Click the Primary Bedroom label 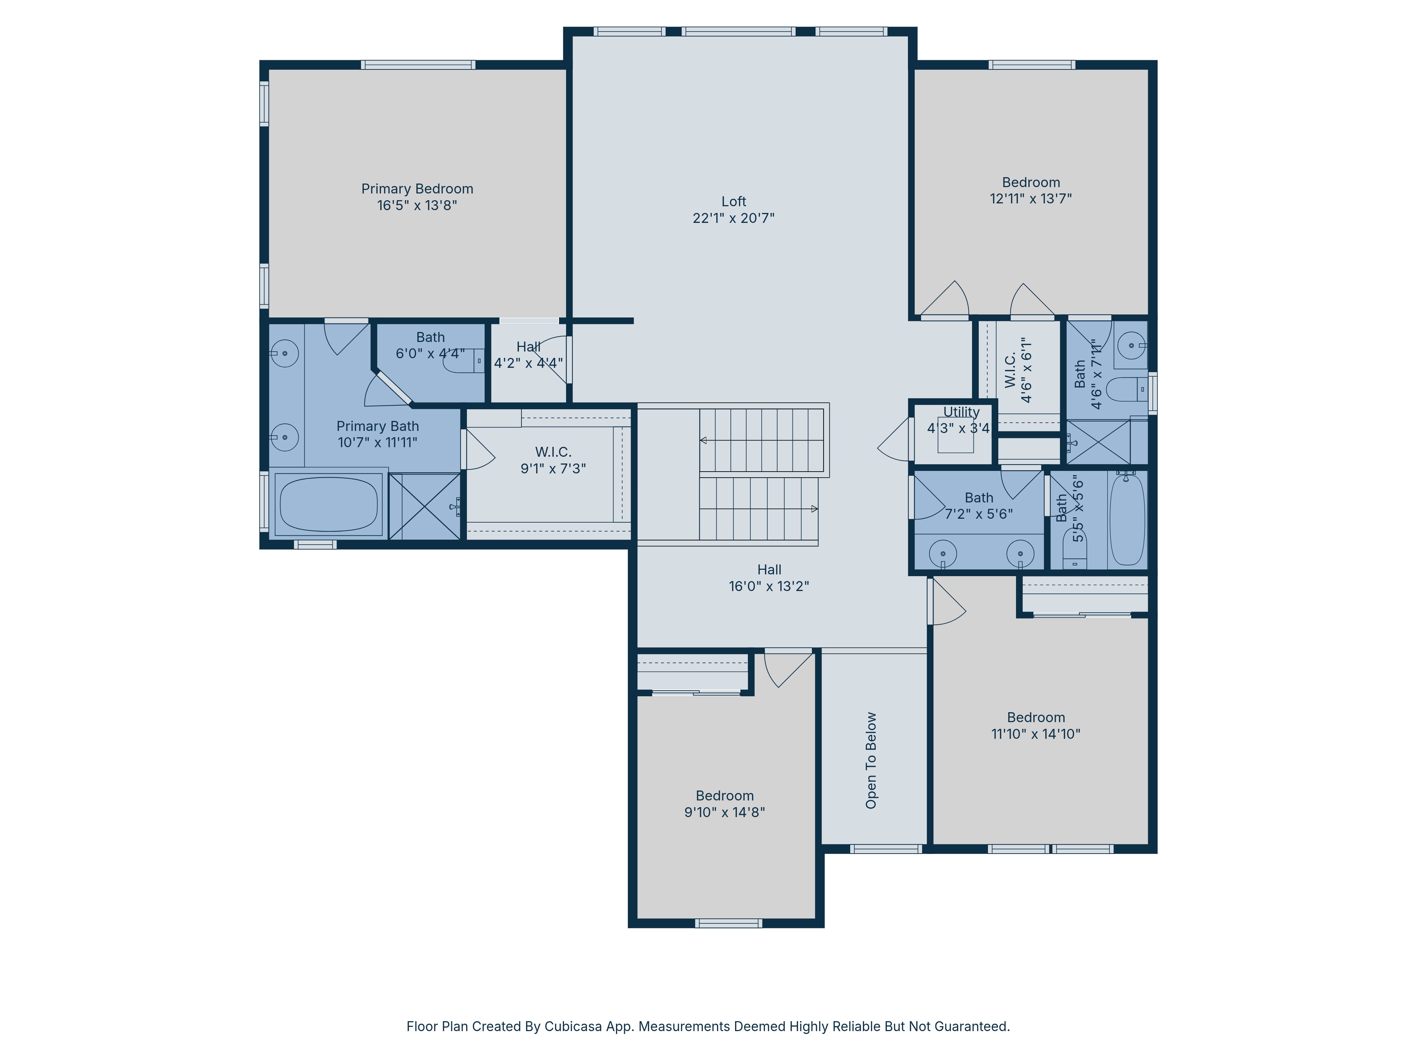click(417, 189)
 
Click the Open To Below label click(871, 760)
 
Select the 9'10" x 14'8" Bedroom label click(724, 796)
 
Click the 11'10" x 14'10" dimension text click(1036, 734)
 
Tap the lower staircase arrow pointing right click(814, 509)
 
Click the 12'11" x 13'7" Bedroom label click(1031, 182)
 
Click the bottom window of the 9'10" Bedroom click(728, 923)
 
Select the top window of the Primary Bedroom click(418, 65)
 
